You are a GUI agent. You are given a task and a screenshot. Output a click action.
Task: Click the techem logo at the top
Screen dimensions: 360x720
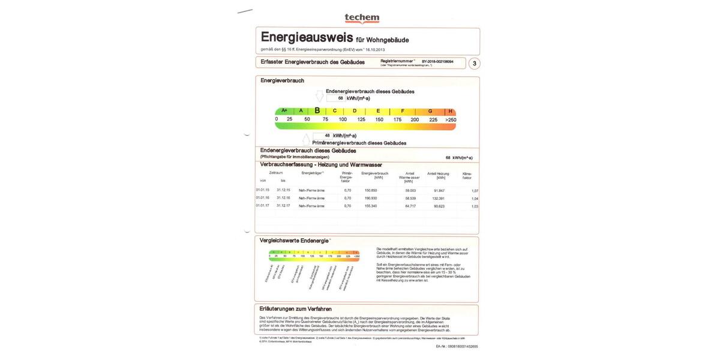[x=362, y=19]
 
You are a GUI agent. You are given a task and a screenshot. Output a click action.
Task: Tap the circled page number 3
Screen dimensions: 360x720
[x=474, y=64]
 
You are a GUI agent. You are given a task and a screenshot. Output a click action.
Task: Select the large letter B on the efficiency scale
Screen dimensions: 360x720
[x=317, y=111]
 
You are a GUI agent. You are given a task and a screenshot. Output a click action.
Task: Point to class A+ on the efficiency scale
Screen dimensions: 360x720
[x=284, y=111]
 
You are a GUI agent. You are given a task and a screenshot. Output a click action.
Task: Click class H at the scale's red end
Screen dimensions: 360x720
[x=450, y=112]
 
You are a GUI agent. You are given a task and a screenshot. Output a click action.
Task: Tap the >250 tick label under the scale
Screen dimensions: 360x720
[x=451, y=120]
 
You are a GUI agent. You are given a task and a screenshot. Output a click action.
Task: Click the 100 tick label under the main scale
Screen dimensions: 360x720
[x=343, y=120]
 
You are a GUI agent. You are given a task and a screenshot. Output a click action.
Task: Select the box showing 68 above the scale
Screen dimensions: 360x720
[x=337, y=98]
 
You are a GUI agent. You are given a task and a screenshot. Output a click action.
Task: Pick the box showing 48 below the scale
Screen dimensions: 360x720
[x=323, y=136]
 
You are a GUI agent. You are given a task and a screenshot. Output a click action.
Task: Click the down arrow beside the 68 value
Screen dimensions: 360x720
[x=319, y=97]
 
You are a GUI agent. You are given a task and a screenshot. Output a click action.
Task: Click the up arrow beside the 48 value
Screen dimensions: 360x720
[x=306, y=139]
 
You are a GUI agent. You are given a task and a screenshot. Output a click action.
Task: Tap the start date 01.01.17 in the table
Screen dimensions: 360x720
[x=263, y=206]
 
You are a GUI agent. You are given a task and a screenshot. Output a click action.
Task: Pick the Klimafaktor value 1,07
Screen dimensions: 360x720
[x=475, y=191]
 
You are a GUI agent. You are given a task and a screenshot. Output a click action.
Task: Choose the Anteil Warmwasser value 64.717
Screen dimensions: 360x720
[x=410, y=206]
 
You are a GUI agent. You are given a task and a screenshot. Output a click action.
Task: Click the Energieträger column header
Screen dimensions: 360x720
[x=313, y=173]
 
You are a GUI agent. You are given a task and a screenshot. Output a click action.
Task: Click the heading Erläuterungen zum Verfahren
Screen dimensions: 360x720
[x=295, y=309]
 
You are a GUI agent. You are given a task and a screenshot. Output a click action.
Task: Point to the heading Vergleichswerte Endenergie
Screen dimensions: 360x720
[x=295, y=241]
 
